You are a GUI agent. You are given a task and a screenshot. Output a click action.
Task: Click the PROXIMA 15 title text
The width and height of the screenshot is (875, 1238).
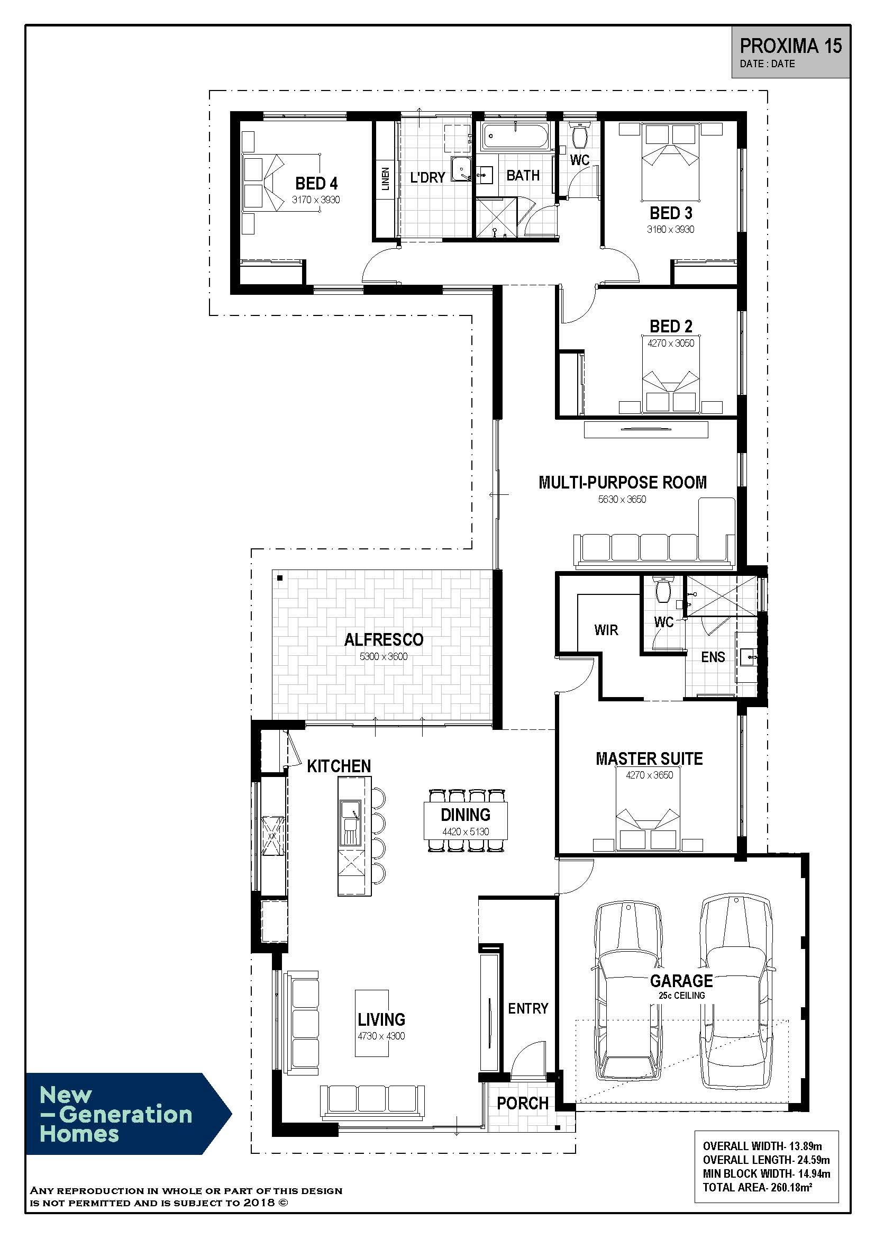coord(790,47)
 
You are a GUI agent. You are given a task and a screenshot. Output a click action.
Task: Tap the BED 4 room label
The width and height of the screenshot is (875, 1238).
coord(316,183)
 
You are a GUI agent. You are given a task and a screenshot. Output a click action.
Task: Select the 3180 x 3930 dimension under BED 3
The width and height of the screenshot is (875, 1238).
coord(670,229)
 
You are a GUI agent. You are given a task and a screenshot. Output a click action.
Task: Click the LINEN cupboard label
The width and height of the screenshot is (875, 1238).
coord(385,179)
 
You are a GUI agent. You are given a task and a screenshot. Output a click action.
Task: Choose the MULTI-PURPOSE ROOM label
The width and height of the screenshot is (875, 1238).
coord(622,482)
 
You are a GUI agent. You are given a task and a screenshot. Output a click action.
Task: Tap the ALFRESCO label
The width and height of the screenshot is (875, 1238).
coord(384,639)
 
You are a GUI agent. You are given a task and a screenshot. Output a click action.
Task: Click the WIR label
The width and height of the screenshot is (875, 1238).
coord(606,630)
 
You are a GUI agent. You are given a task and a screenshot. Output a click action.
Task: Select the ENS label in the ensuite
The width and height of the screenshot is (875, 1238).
coord(713,657)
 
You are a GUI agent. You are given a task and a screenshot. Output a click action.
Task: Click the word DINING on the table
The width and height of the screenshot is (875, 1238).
coord(466,815)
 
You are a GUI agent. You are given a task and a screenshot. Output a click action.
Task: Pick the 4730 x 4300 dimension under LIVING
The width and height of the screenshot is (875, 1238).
coord(381,1036)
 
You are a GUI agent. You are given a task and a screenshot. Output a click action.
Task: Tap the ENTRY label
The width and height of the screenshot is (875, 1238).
coord(528,1008)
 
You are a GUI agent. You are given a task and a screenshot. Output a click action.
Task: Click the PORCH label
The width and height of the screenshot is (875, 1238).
coord(523,1104)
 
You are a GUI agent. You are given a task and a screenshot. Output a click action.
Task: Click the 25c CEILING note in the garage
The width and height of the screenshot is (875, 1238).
coord(681,996)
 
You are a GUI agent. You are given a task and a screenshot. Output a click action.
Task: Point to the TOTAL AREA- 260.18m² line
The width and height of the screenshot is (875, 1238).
coord(758,1187)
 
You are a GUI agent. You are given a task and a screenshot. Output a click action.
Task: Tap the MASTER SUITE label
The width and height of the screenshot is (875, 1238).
coord(649,758)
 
